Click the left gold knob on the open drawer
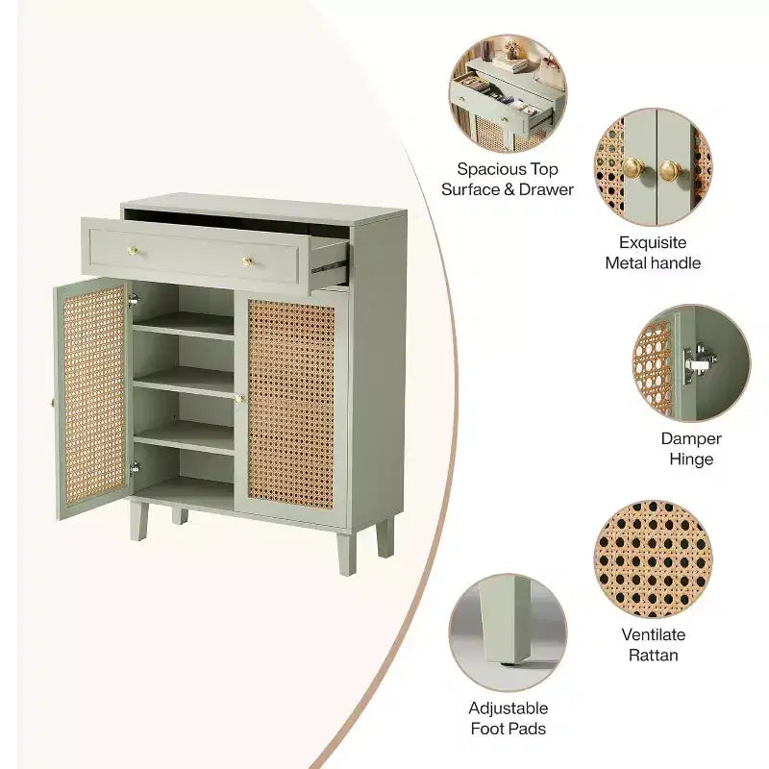[133, 252]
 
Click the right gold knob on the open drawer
[248, 261]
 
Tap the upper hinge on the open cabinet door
[133, 300]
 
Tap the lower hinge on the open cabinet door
[135, 468]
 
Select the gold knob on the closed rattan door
[239, 398]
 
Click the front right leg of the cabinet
[347, 554]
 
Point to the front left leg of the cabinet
[138, 520]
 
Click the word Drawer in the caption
[546, 189]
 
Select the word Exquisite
[653, 243]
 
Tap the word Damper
[691, 439]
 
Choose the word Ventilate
[654, 634]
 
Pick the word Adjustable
[509, 708]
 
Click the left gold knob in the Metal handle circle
[633, 169]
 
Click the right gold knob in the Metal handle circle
[669, 171]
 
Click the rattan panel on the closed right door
[291, 404]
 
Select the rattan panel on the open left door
[93, 396]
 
